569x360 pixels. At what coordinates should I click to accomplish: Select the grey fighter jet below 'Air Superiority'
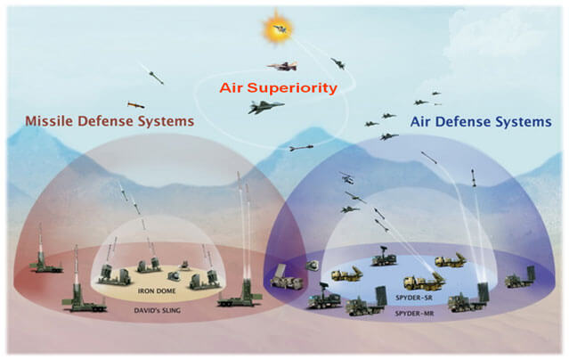267,107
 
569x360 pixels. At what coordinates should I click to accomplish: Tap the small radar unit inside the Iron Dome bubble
184,264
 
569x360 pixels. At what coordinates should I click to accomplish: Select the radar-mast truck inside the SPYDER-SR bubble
383,258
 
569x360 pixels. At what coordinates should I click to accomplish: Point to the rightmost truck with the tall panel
521,278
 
